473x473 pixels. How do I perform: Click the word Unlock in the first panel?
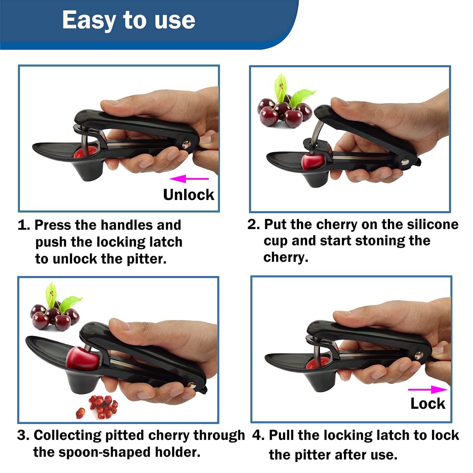[x=189, y=195]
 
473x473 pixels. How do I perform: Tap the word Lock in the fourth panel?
[x=427, y=403]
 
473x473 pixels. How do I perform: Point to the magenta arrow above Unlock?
[x=189, y=179]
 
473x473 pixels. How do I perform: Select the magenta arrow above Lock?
[x=427, y=390]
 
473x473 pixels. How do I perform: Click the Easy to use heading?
[x=128, y=20]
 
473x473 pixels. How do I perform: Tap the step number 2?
[x=253, y=225]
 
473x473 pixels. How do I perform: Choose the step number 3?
[x=23, y=435]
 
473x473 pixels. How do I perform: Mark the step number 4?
[x=258, y=435]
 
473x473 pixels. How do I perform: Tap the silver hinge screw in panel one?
[x=185, y=145]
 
